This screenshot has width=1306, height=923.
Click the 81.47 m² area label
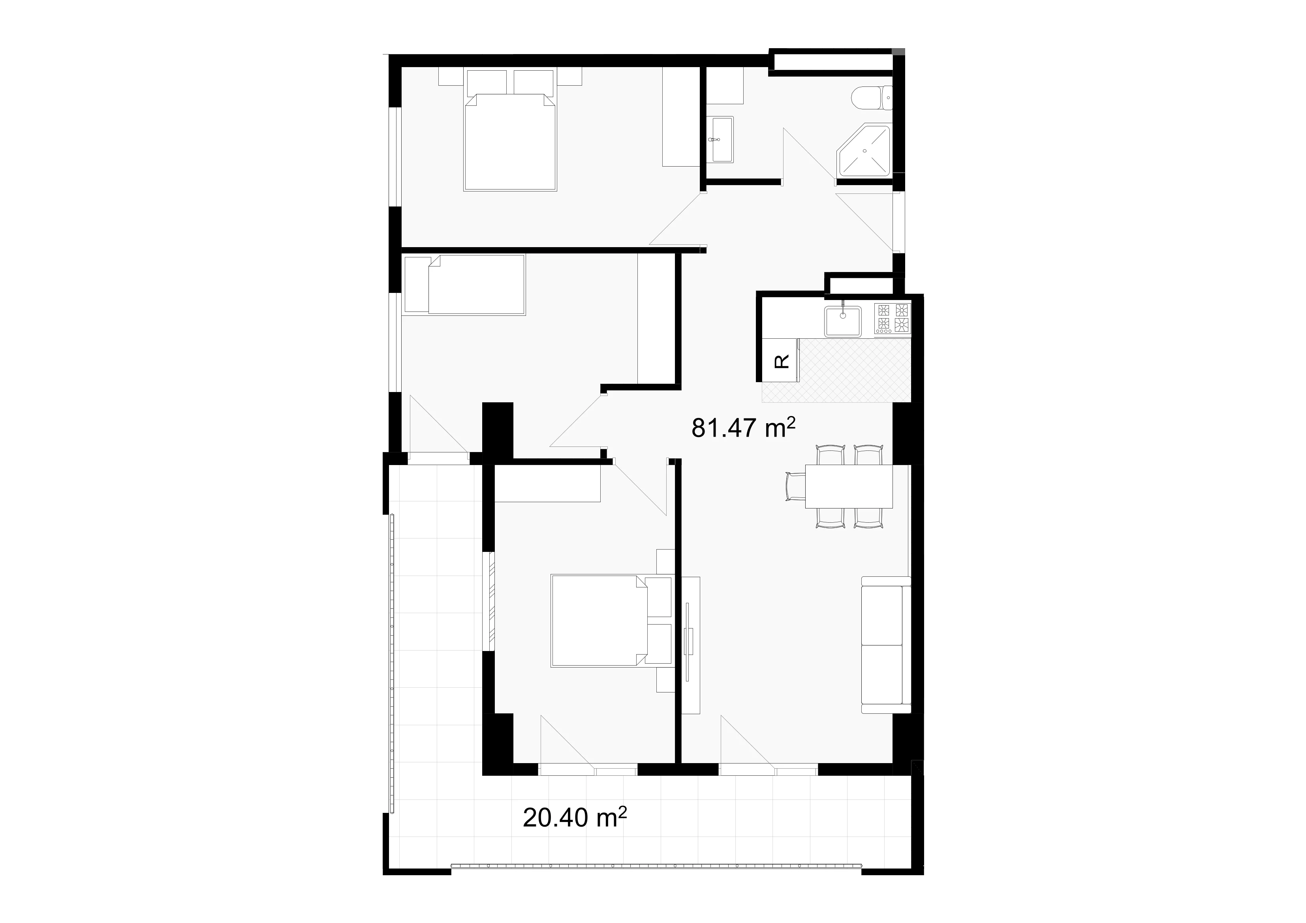[742, 428]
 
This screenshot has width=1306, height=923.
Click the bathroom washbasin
[721, 139]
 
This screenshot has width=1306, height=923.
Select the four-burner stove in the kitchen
[892, 318]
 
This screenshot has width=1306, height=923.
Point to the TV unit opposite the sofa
[691, 645]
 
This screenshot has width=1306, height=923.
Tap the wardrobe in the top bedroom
[681, 116]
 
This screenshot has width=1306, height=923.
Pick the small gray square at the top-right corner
[898, 52]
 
